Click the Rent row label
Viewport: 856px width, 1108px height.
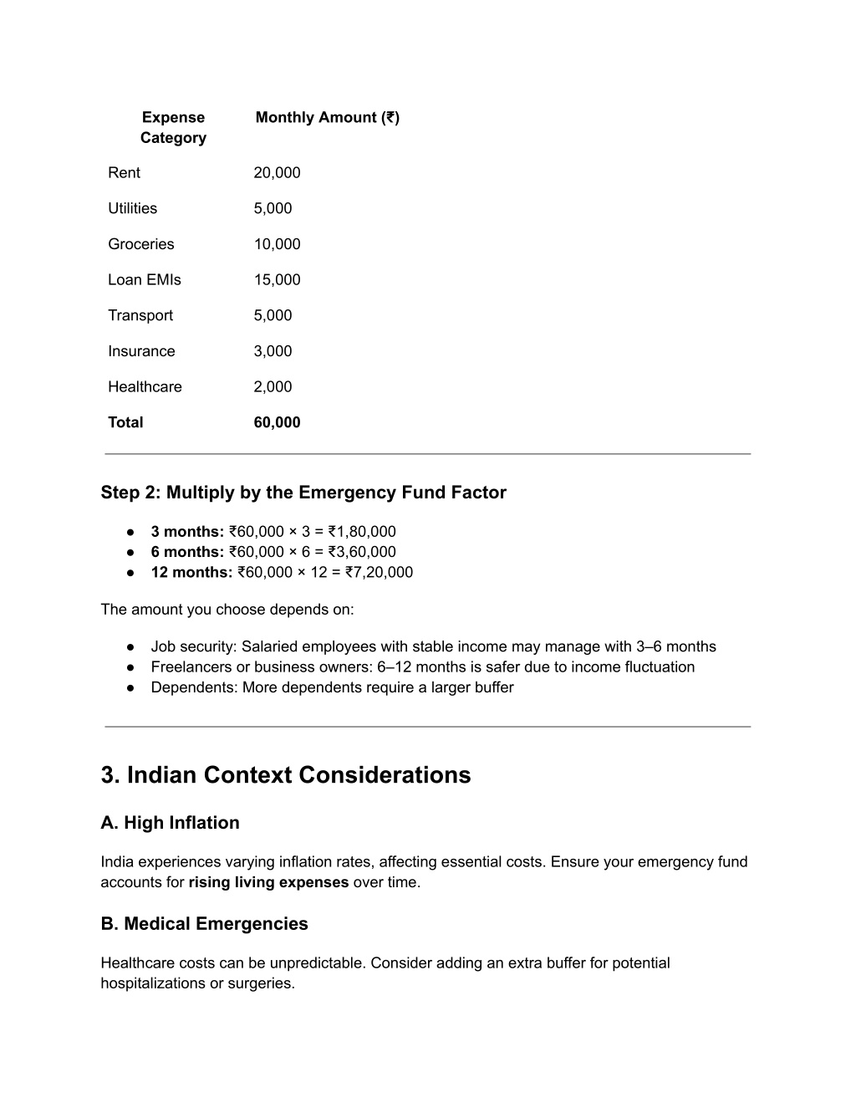[x=124, y=173]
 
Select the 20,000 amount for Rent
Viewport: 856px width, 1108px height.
[x=277, y=173]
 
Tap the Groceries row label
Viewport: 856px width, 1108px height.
[x=140, y=244]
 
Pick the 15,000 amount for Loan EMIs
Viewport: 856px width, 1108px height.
[x=277, y=280]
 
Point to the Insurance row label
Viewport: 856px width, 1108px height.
[x=141, y=351]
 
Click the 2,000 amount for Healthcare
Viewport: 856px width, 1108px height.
[x=273, y=387]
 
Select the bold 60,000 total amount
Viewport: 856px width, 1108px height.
[x=277, y=422]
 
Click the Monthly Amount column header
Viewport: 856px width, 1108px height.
[x=327, y=118]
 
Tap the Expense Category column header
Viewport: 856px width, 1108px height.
[x=173, y=128]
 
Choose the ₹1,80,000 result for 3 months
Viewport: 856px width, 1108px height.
[x=362, y=532]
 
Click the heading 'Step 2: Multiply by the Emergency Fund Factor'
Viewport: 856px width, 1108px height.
[x=303, y=493]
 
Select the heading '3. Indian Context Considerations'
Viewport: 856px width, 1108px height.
[x=285, y=775]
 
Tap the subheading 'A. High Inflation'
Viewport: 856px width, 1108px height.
[x=170, y=823]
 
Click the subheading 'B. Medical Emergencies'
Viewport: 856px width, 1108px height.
[x=204, y=924]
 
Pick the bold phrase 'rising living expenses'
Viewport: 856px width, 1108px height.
[x=268, y=883]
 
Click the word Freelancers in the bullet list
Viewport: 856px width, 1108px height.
[x=190, y=667]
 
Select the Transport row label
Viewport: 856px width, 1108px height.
[x=140, y=316]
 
